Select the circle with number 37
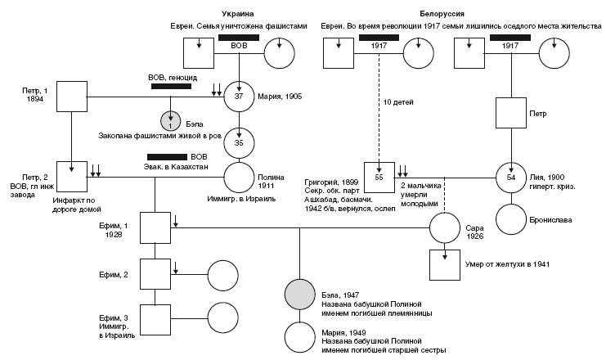click(240, 96)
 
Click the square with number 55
click(378, 176)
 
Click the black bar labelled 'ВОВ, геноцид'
click(173, 85)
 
